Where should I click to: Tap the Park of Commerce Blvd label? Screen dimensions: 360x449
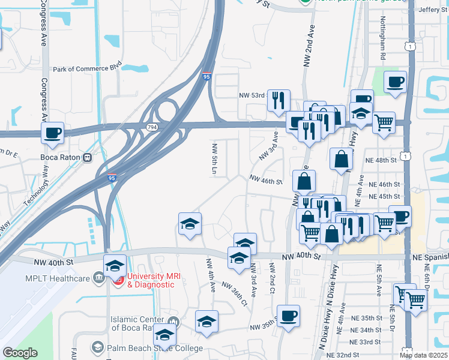click(87, 69)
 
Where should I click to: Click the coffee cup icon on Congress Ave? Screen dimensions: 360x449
click(52, 133)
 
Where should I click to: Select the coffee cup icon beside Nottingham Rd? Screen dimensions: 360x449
click(395, 82)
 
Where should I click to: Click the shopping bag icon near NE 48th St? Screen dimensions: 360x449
click(341, 159)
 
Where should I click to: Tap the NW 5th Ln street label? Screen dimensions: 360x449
click(214, 158)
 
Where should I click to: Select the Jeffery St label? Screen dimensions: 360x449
click(429, 10)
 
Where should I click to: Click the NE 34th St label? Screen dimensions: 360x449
click(367, 330)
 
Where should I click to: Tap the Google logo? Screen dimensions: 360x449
click(20, 353)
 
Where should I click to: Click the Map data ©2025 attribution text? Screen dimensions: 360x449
click(423, 355)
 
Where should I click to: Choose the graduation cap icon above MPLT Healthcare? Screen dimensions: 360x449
click(115, 266)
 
